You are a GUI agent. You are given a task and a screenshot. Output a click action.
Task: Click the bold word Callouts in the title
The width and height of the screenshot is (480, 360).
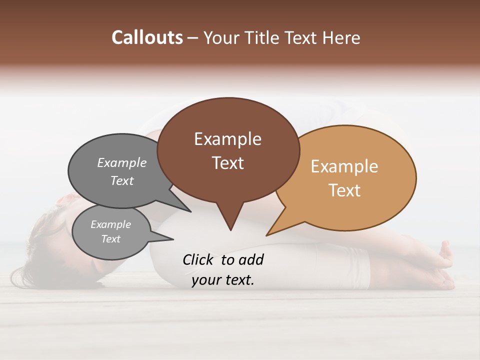coord(147,37)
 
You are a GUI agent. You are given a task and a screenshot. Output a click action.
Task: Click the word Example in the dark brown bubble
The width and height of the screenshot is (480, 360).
coord(227,139)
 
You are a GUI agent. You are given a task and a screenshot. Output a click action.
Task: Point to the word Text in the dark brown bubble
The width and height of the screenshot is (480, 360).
coord(227,163)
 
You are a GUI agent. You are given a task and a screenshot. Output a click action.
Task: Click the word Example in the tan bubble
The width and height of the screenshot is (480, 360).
coord(344,166)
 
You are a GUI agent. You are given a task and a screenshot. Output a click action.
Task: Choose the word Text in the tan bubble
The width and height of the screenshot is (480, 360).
coord(344,190)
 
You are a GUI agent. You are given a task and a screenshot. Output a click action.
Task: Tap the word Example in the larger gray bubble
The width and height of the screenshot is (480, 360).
coord(122,162)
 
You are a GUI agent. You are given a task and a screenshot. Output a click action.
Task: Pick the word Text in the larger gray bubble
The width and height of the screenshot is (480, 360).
coord(122,180)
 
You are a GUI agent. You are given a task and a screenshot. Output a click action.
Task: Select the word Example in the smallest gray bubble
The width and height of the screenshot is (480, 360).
coord(110,224)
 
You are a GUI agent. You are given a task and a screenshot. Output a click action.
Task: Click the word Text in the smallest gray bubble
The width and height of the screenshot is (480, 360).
coord(110,239)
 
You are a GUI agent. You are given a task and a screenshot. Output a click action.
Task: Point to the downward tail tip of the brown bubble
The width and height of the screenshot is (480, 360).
coord(230,229)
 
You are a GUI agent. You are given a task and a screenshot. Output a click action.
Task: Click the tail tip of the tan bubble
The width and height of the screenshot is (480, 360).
coord(267,234)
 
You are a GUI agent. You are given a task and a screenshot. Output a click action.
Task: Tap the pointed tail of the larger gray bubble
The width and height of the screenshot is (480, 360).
coord(190,211)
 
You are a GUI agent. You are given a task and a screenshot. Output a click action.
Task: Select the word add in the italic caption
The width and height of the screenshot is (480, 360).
coord(251,259)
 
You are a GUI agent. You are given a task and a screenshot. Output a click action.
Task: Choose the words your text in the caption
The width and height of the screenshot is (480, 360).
coord(223,280)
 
